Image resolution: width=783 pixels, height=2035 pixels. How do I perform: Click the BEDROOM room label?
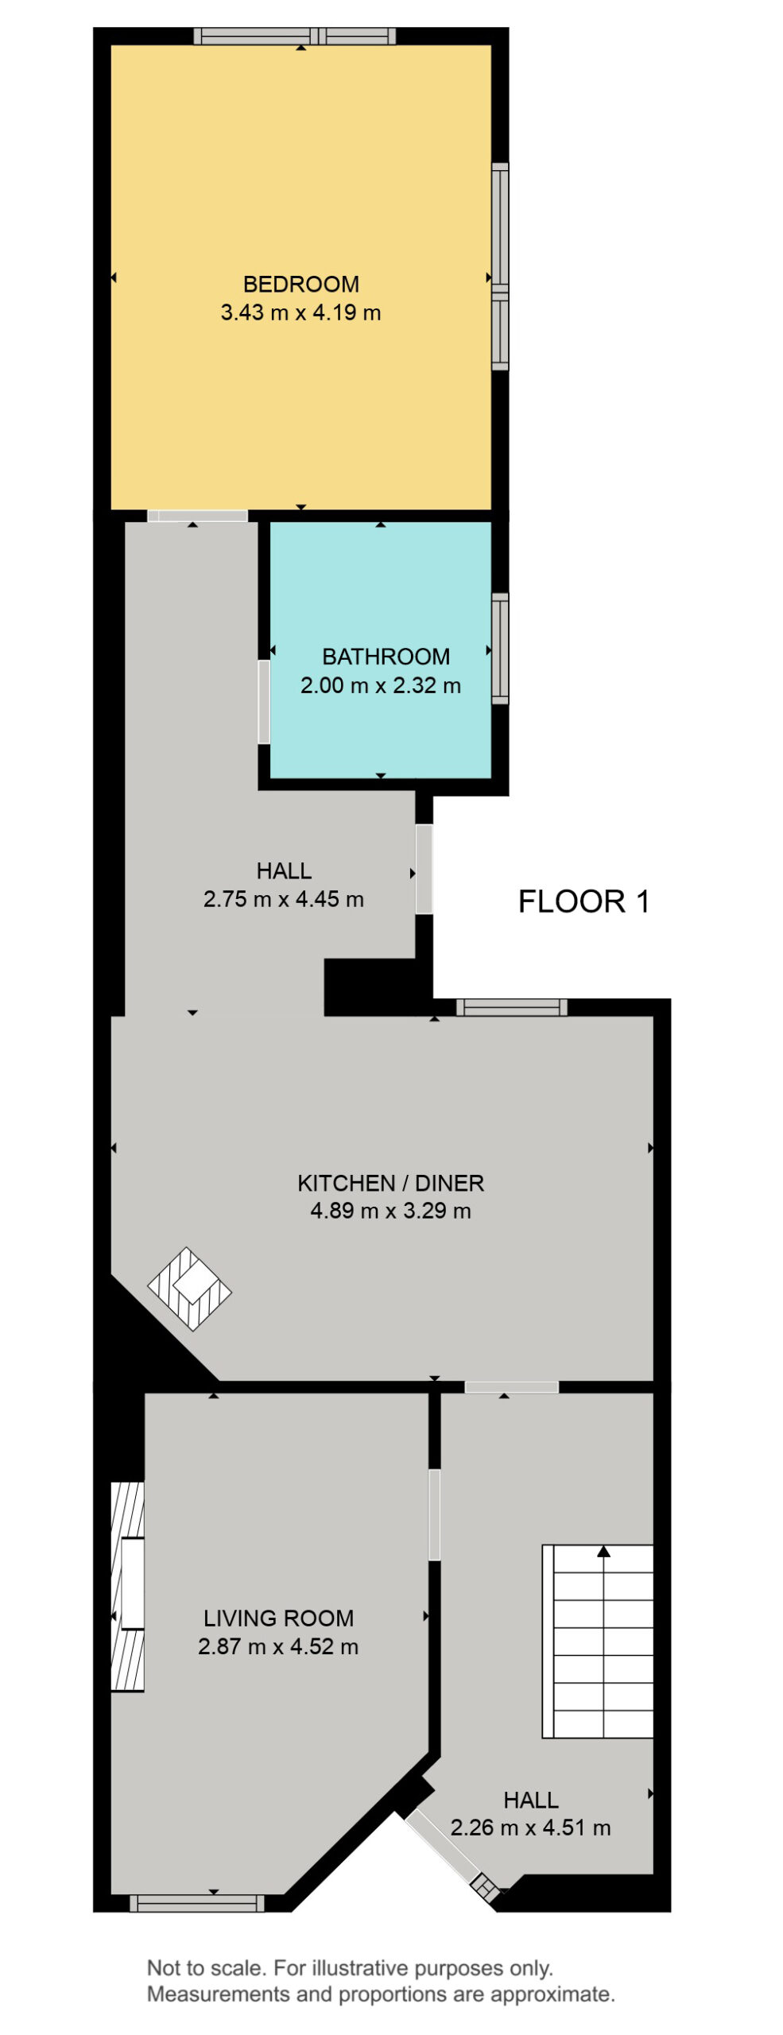tap(300, 284)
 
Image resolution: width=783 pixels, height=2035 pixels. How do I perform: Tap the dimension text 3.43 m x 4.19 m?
tap(300, 312)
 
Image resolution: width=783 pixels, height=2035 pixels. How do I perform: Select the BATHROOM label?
tap(386, 657)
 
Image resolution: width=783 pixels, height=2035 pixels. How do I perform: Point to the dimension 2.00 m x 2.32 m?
tap(381, 685)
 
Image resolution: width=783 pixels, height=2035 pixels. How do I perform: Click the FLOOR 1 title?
tap(584, 901)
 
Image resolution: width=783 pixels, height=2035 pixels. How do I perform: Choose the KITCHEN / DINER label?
tap(390, 1183)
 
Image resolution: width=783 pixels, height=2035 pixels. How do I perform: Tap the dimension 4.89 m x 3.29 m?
tap(390, 1211)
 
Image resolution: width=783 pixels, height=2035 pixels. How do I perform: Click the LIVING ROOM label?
tap(278, 1618)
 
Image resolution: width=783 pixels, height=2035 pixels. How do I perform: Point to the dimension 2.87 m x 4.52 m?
tap(278, 1646)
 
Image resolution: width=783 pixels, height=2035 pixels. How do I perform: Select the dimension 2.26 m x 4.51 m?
tap(530, 1828)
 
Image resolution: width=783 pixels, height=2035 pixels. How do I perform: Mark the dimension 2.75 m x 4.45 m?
tap(284, 899)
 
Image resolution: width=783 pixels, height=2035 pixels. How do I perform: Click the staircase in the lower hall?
tap(598, 1641)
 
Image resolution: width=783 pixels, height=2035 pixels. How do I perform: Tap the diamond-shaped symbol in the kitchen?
tap(189, 1289)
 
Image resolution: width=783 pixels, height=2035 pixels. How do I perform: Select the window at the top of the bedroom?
tap(295, 36)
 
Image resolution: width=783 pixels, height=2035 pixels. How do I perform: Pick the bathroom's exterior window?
tap(500, 648)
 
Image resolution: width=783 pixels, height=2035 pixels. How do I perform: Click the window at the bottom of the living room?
tap(197, 1902)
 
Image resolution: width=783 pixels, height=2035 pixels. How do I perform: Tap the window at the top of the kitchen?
tap(512, 1007)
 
